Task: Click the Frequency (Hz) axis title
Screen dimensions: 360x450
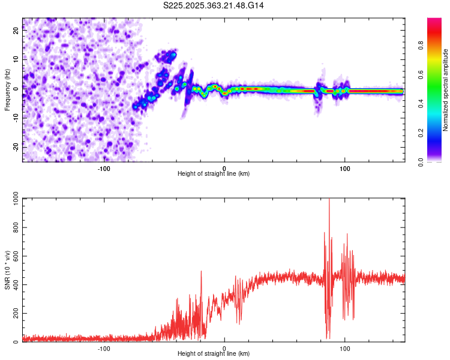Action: (7, 89)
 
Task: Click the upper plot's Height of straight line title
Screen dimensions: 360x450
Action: (214, 173)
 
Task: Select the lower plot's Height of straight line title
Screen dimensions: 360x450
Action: (214, 353)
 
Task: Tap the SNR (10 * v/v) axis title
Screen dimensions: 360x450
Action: (7, 270)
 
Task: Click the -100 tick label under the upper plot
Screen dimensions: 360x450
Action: (104, 168)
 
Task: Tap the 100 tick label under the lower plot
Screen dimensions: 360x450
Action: (345, 348)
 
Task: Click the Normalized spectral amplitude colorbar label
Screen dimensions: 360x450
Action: (446, 89)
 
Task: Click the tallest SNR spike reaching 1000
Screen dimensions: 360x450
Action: (329, 201)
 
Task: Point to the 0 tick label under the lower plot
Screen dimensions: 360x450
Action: (224, 348)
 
